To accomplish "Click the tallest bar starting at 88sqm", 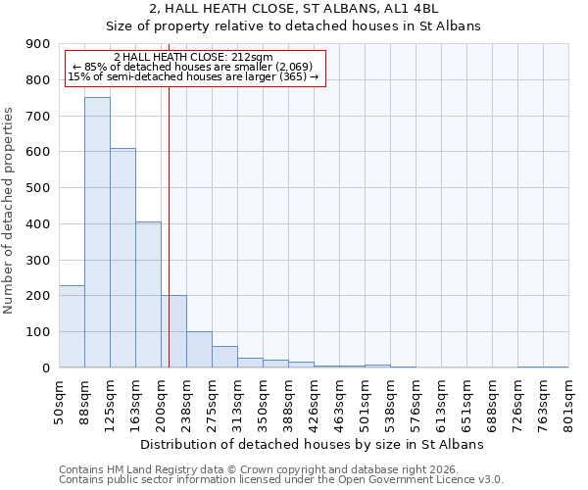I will (97, 232).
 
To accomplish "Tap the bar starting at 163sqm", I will (148, 294).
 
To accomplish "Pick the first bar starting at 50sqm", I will (72, 326).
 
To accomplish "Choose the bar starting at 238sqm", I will (199, 349).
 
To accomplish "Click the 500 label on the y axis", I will (38, 188).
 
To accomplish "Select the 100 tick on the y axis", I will (38, 332).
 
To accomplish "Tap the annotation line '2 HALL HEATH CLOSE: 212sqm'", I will (193, 57).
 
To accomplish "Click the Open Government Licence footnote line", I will (281, 480).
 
